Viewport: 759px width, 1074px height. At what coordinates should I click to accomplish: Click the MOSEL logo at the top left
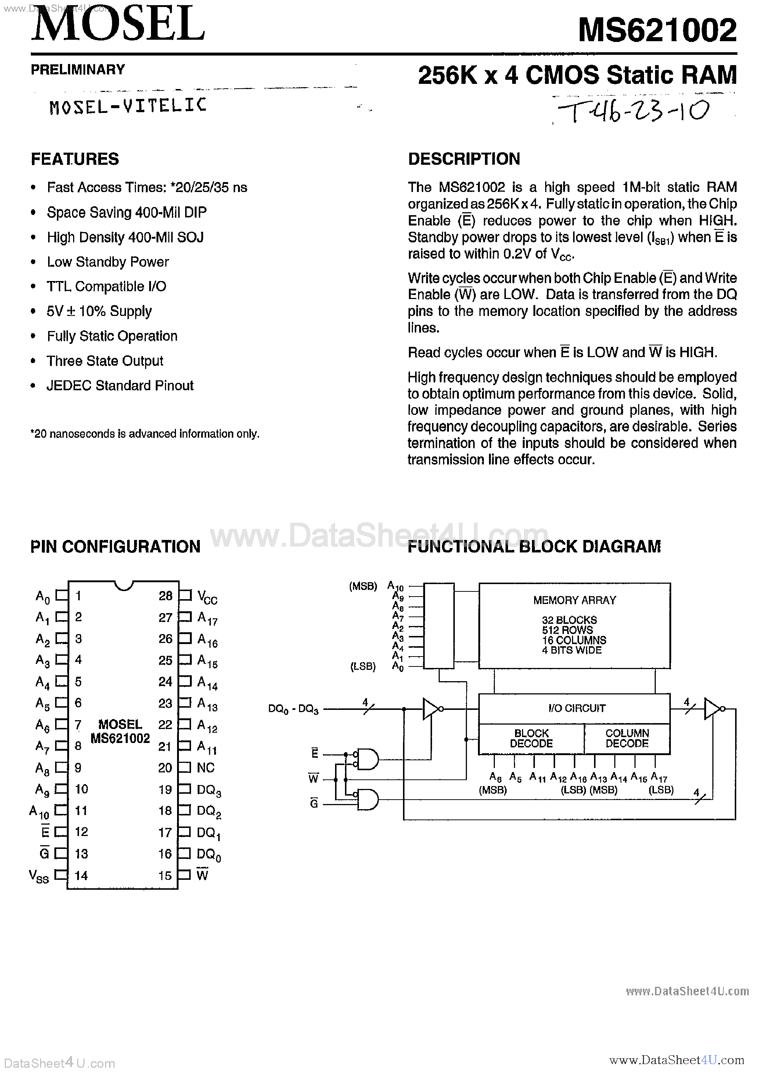tap(118, 24)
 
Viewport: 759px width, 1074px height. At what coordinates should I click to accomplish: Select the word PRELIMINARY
tap(78, 70)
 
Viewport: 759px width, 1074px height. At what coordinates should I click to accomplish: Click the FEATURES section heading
tap(75, 159)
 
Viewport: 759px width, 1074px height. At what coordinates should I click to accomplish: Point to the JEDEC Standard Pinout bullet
tap(120, 385)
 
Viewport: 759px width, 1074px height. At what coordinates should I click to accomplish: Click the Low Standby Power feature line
tap(108, 262)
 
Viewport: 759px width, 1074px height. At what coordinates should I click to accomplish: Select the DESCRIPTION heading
tap(464, 159)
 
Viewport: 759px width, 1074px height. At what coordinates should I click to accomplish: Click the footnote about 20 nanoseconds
tap(145, 434)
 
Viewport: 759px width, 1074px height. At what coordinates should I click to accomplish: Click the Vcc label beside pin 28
tap(207, 597)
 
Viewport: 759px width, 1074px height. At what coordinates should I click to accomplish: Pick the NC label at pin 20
tap(206, 768)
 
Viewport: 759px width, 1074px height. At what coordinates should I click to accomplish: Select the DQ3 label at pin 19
tap(208, 790)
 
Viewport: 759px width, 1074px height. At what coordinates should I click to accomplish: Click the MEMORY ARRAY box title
tap(574, 600)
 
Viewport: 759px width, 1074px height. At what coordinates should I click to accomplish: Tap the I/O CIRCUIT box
tap(576, 708)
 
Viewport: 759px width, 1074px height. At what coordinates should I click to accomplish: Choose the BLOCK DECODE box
tap(531, 739)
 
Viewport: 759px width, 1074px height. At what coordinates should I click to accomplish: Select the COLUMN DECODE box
tap(627, 739)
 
